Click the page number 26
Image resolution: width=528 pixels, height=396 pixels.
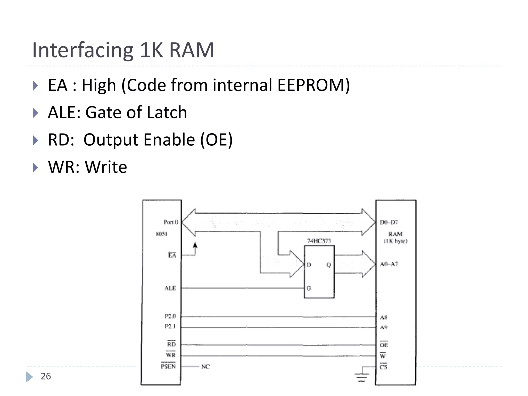pos(46,376)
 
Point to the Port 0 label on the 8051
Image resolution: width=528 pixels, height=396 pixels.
pos(171,222)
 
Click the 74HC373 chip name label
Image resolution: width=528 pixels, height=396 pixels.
pos(319,241)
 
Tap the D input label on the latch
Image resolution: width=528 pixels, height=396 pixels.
pos(309,265)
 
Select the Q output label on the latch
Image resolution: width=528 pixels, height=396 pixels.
pos(328,265)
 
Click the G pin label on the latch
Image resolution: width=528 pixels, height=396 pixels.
pos(309,288)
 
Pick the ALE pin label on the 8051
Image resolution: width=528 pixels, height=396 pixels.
pos(170,288)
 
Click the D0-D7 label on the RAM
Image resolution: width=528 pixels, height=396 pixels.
pos(389,222)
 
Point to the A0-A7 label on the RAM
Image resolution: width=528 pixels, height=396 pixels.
pos(389,264)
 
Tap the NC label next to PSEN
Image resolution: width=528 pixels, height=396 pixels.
pos(205,367)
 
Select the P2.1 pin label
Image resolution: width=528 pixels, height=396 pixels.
pos(170,327)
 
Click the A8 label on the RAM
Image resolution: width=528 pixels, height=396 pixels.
pos(384,317)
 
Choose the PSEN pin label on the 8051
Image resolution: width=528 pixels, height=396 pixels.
pos(168,366)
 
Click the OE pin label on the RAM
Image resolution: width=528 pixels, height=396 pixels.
pos(384,345)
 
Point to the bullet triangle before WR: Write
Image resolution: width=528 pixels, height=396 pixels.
pos(36,168)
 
